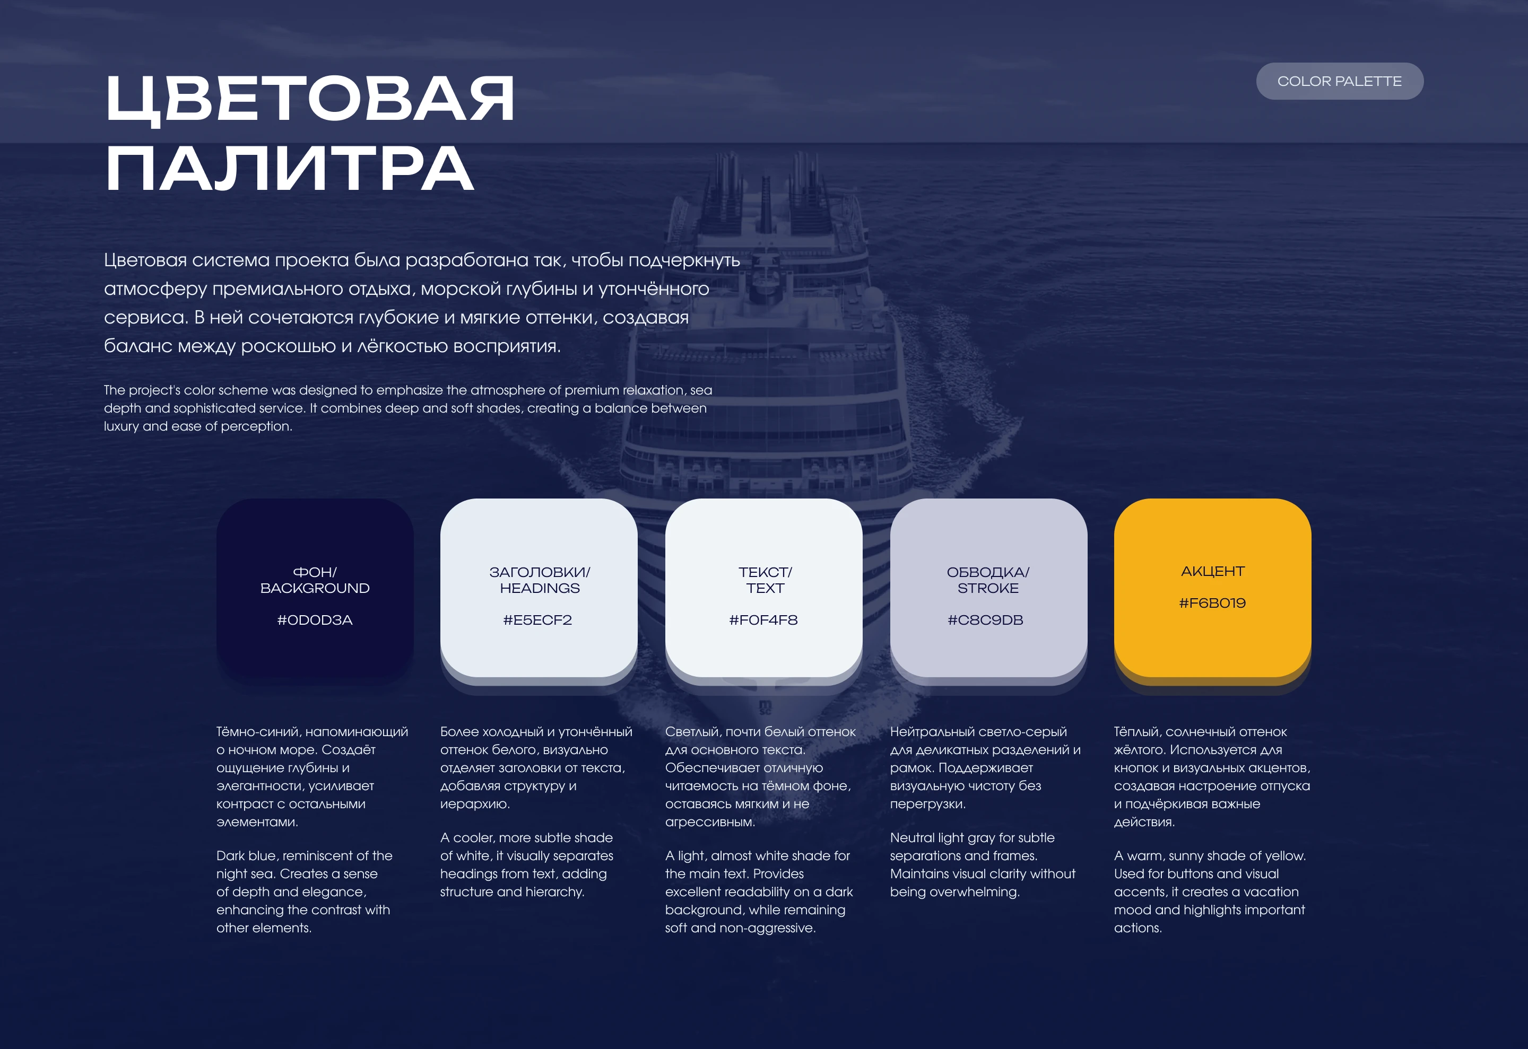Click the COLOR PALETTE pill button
pyautogui.click(x=1339, y=82)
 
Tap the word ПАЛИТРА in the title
pyautogui.click(x=289, y=169)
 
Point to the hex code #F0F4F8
pyautogui.click(x=763, y=620)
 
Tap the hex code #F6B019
pyautogui.click(x=1212, y=602)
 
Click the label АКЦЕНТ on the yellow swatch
pyautogui.click(x=1212, y=571)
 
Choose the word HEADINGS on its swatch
pyautogui.click(x=539, y=588)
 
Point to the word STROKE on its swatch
pyautogui.click(x=987, y=588)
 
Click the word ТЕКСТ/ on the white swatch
pyautogui.click(x=765, y=572)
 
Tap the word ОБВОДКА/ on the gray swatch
pyautogui.click(x=987, y=572)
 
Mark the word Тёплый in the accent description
pyautogui.click(x=1136, y=731)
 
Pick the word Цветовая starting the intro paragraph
pyautogui.click(x=145, y=260)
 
